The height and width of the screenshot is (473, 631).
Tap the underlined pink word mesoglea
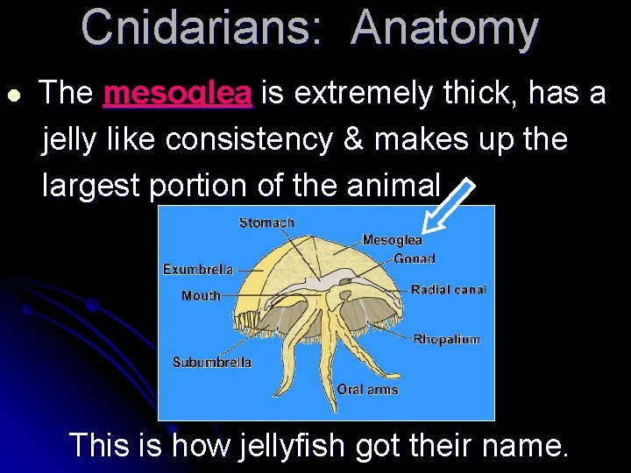coord(178,93)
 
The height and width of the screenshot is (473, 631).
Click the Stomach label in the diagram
coord(266,222)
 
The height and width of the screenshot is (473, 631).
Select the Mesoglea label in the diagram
coord(392,240)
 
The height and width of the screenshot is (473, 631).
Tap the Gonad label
coord(415,258)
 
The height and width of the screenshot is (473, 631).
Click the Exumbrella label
coord(198,270)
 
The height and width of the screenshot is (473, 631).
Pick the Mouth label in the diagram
coord(201,296)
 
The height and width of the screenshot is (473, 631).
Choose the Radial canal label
coord(449,289)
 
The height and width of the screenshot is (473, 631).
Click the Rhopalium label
coord(446,339)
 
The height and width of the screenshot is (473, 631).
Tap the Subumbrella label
coord(211,362)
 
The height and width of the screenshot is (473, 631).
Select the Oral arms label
coord(367,389)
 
